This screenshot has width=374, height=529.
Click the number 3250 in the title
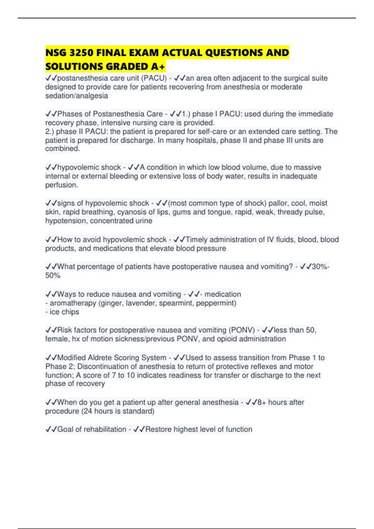tap(81, 53)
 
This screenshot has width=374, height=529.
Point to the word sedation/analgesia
tap(76, 96)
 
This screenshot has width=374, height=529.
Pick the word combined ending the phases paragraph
tap(62, 149)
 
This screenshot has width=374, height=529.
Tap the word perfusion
tap(61, 185)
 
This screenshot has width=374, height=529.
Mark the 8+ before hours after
tap(262, 402)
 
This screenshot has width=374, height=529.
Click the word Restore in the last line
tap(158, 429)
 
